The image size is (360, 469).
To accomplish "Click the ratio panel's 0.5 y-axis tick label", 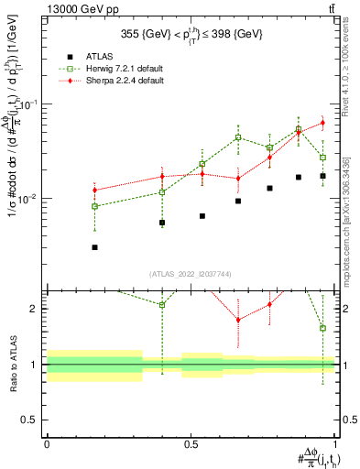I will tap(33, 420).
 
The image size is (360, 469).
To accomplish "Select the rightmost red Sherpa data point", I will tap(322, 123).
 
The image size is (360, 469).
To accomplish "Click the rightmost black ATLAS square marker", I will tap(322, 176).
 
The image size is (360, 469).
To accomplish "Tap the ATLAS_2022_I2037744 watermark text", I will tap(191, 274).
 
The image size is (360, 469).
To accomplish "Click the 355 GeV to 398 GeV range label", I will tap(191, 35).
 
